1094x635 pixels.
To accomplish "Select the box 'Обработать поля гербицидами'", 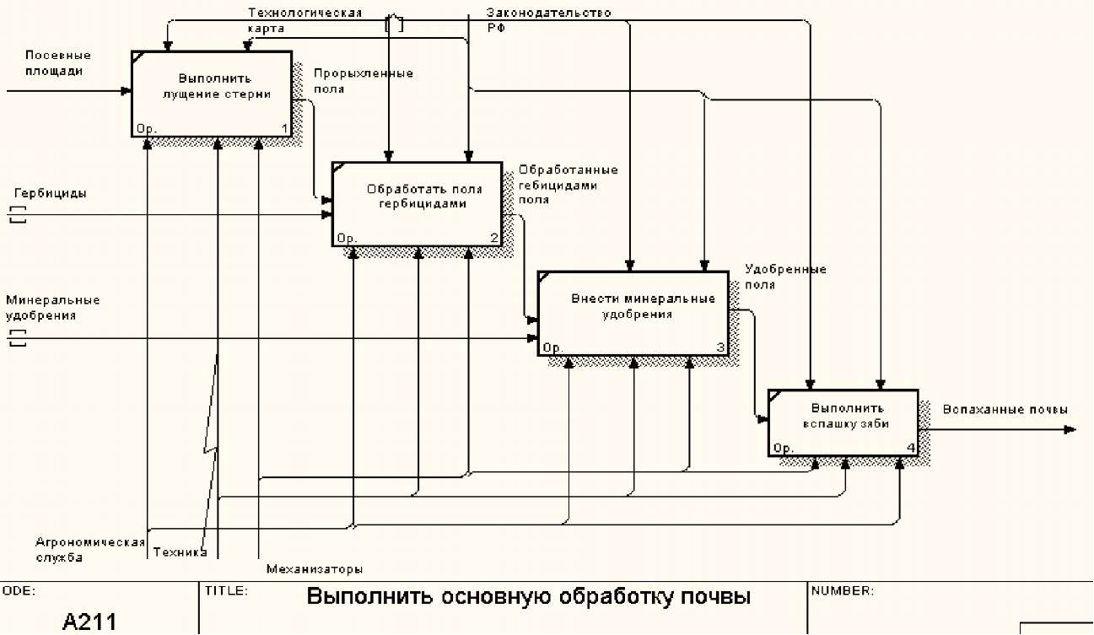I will [x=417, y=203].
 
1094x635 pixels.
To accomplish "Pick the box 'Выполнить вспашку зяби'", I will [x=843, y=422].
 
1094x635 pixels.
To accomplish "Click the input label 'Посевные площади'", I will [x=58, y=63].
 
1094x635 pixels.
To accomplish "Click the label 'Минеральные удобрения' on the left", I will [x=52, y=308].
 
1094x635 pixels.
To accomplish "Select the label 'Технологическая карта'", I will [x=304, y=20].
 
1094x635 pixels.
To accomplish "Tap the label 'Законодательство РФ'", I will [x=548, y=19].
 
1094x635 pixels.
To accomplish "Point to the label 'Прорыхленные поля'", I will [x=363, y=81].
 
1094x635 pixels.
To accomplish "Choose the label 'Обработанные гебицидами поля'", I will [x=568, y=185].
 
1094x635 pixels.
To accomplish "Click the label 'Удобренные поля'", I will [x=784, y=277].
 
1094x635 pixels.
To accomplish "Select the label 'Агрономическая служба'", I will [x=89, y=550].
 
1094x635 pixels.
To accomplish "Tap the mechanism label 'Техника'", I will [x=180, y=553].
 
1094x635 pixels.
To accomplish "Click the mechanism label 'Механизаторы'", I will [x=315, y=568].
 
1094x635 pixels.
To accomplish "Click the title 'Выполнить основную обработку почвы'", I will [x=528, y=598].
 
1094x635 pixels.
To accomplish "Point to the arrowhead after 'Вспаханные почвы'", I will [x=1070, y=429].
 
